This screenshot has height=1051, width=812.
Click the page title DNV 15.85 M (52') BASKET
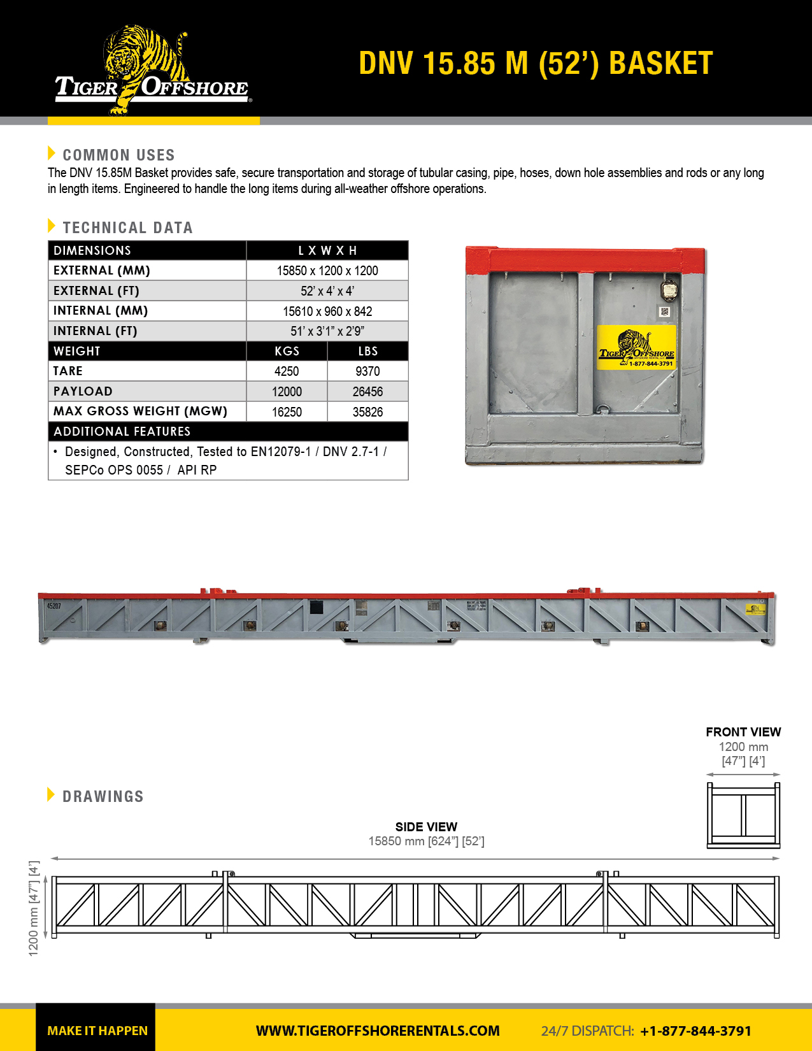point(535,64)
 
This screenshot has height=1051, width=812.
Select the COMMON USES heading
point(118,155)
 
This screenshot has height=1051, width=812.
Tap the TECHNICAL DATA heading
point(127,227)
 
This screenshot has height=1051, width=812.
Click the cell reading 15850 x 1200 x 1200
point(327,271)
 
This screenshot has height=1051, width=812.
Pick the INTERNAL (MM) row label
point(101,311)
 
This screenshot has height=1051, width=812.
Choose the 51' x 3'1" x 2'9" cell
point(327,331)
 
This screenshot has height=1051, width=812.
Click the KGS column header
point(287,351)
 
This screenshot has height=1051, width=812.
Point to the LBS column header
point(367,351)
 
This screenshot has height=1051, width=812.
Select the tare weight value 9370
point(367,371)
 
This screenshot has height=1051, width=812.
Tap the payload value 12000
point(287,392)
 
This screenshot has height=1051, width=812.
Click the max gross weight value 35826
point(367,412)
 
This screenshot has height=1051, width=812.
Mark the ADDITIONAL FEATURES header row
point(228,431)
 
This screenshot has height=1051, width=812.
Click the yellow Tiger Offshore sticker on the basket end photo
point(636,347)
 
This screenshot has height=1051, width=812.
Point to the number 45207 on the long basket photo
point(54,606)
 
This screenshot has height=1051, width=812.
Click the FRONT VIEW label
point(743,732)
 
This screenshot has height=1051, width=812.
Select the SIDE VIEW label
point(426,827)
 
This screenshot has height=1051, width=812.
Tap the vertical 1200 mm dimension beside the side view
point(34,908)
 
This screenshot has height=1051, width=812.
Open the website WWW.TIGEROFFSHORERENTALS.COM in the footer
point(378,1031)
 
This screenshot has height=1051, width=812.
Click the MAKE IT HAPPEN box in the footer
point(97,1030)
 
